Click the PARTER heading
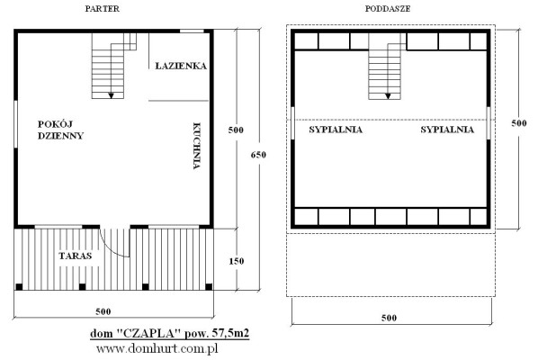103,9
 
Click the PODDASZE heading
388,9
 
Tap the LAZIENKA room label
181,66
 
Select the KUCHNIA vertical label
197,146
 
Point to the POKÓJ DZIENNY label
60,130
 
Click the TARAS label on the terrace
76,256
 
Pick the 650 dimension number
258,155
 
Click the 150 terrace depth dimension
237,261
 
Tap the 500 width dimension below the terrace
103,311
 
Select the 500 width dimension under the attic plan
389,318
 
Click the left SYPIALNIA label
336,130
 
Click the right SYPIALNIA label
447,130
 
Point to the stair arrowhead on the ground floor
112,95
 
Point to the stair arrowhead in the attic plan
388,96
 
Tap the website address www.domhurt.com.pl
157,348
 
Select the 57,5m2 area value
230,334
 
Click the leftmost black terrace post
19,287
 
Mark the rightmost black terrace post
209,287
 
